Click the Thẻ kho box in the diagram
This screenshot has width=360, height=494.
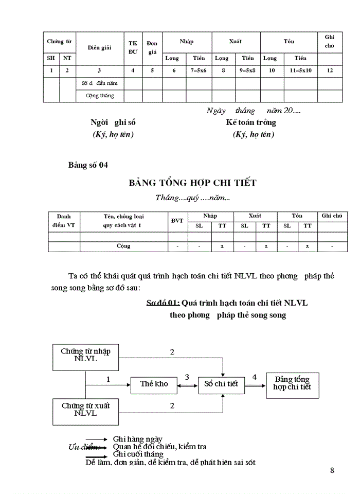tap(154, 384)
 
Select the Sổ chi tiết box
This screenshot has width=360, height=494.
tap(221, 384)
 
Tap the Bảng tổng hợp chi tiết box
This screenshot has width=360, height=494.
tap(292, 383)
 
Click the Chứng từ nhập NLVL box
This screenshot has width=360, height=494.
tap(86, 355)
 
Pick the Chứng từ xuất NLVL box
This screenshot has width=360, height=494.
tap(86, 410)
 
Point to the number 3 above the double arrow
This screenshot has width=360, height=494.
tap(187, 377)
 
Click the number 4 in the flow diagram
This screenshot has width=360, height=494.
tap(255, 377)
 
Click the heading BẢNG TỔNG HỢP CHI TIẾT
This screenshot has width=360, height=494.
tap(192, 183)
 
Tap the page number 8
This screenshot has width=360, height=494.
tap(332, 470)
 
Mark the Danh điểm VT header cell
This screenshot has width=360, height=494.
tap(64, 220)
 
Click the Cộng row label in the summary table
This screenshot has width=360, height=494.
tap(123, 246)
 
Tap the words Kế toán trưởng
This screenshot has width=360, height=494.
tap(251, 122)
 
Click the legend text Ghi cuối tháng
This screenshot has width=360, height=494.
tap(138, 454)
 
